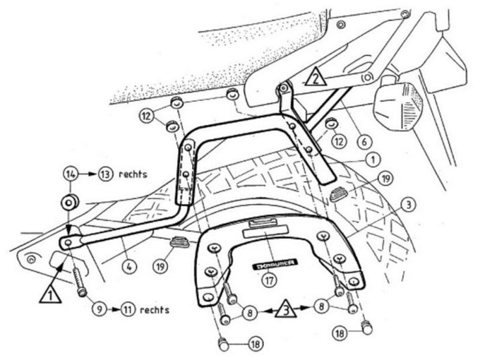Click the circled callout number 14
point(70,175)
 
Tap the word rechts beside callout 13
point(133,175)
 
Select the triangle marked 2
point(316,77)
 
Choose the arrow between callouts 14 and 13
point(88,175)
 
